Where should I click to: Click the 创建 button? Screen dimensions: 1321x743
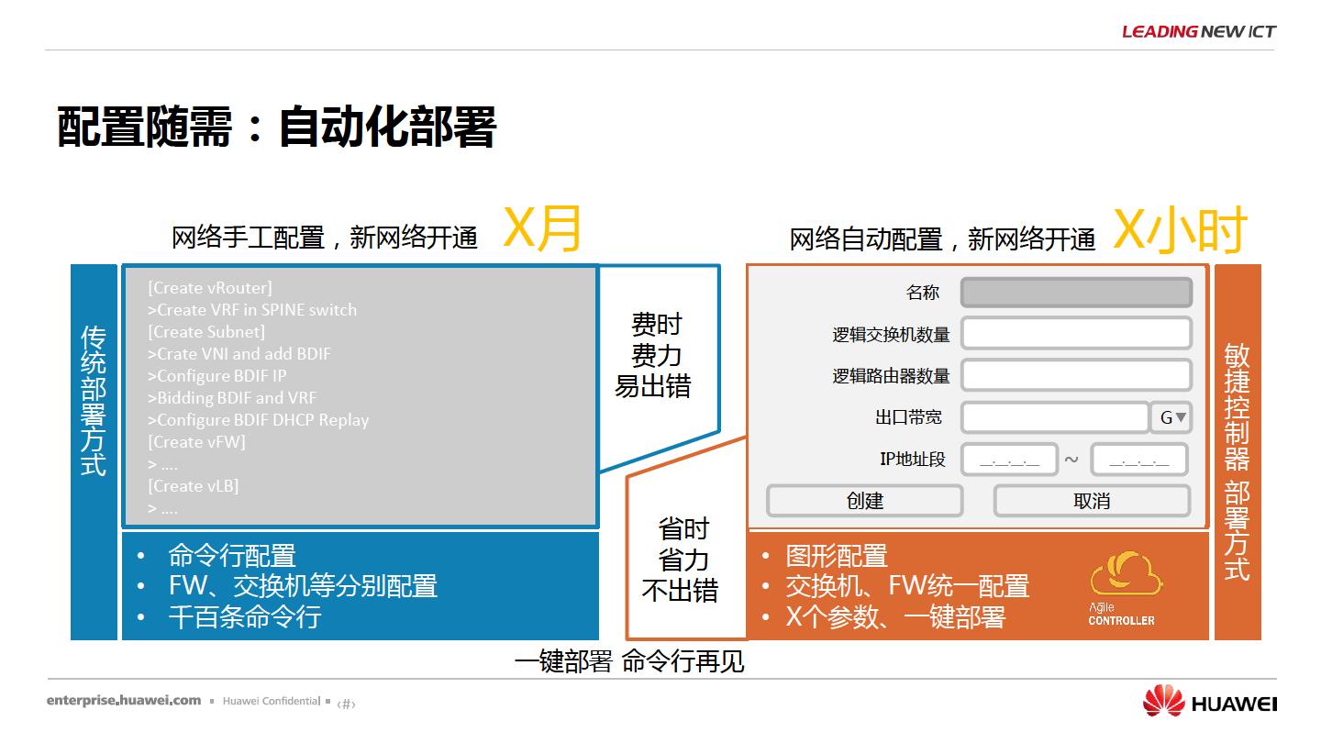pyautogui.click(x=864, y=501)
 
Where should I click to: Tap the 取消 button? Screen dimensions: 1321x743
pyautogui.click(x=1092, y=501)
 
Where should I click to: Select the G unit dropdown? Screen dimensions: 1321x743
pyautogui.click(x=1171, y=417)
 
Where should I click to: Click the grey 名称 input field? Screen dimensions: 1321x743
pyautogui.click(x=1076, y=293)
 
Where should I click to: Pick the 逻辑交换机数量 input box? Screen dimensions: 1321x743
pyautogui.click(x=1076, y=333)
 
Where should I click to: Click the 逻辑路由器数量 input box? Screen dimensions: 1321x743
pyautogui.click(x=1076, y=375)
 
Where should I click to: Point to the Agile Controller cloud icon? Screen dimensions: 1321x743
pyautogui.click(x=1126, y=573)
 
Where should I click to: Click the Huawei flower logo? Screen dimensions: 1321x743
pyautogui.click(x=1163, y=701)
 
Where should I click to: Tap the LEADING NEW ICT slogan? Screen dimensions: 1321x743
pyautogui.click(x=1199, y=31)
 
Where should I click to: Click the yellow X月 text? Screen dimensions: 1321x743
pyautogui.click(x=542, y=228)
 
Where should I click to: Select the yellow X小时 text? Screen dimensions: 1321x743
pyautogui.click(x=1180, y=230)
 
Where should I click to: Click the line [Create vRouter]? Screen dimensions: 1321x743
pyautogui.click(x=210, y=288)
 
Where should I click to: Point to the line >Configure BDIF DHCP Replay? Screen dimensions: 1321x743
pyautogui.click(x=259, y=420)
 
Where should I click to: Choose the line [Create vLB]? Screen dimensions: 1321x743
pyautogui.click(x=194, y=486)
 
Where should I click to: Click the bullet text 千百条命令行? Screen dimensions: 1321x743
pyautogui.click(x=245, y=616)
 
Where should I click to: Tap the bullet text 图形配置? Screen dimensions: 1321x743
pyautogui.click(x=837, y=556)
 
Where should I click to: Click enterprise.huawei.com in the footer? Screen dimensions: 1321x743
pyautogui.click(x=124, y=701)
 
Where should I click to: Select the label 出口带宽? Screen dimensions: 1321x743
pyautogui.click(x=908, y=417)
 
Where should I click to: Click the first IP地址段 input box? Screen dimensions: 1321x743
pyautogui.click(x=1009, y=460)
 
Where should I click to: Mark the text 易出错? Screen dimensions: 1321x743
pyautogui.click(x=653, y=387)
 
